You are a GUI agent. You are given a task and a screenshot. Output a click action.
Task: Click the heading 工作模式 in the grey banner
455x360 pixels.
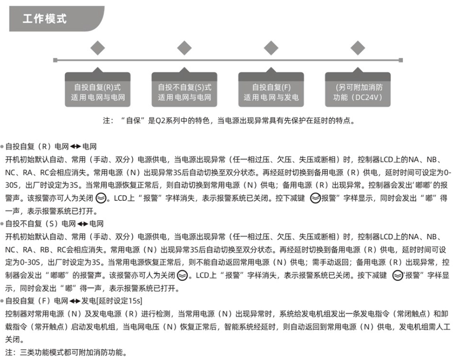point(45,19)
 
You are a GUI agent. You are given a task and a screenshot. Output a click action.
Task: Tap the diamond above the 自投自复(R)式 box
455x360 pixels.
point(97,48)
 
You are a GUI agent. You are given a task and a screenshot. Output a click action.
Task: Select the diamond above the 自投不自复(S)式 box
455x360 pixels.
point(184,48)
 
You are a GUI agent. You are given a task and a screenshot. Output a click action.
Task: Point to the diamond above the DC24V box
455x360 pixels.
point(358,48)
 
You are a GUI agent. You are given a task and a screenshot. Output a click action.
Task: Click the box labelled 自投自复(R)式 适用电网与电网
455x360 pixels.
point(97,89)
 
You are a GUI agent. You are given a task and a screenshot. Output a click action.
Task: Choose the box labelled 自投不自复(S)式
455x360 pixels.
point(184,89)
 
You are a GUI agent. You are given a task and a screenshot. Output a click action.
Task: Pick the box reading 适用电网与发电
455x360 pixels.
point(271,89)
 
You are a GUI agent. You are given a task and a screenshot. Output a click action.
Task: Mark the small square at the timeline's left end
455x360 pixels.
point(55,60)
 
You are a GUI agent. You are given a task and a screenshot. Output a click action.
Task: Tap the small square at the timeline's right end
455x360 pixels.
point(401,60)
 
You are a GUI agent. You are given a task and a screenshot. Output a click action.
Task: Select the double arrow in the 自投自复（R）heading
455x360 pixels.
point(76,147)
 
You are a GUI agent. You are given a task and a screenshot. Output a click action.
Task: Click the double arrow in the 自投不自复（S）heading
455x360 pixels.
point(82,224)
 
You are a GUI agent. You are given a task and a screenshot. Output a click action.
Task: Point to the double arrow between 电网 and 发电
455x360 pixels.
point(75,301)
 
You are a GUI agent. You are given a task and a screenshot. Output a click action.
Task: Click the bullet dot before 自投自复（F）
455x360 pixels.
point(2,301)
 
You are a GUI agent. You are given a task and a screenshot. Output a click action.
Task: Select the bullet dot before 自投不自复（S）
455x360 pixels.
point(2,224)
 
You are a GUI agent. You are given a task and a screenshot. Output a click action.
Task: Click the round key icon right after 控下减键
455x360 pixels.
point(315,198)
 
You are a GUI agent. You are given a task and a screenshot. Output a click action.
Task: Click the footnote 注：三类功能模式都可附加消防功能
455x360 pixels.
point(66,352)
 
